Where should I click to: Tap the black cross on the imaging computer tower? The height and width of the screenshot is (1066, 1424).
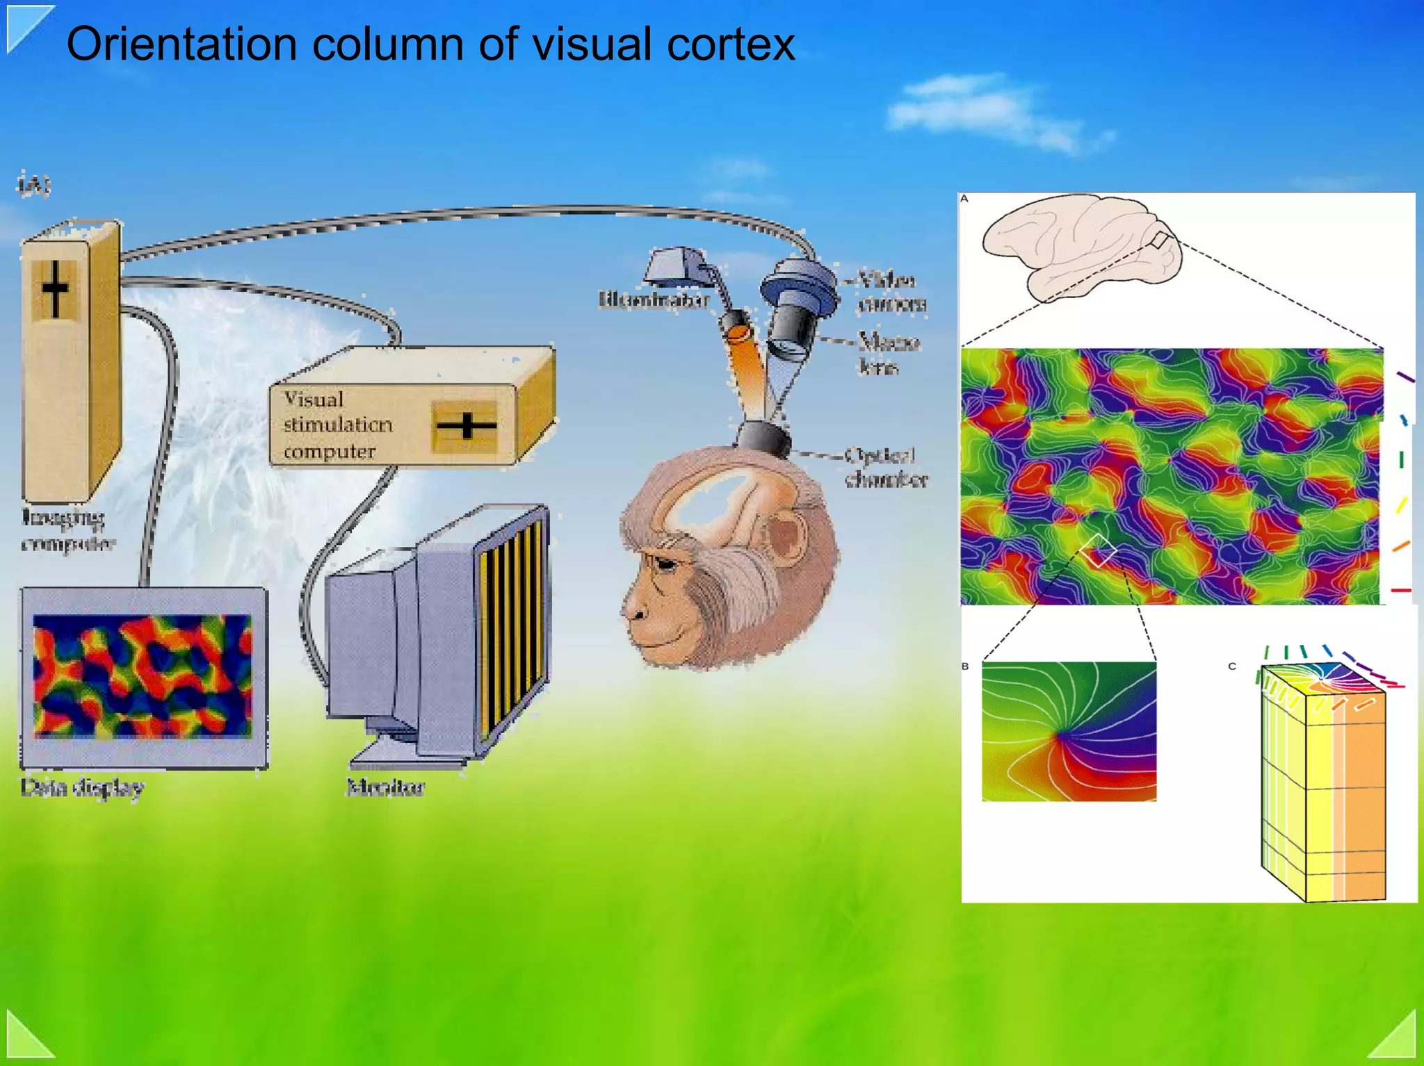tap(55, 288)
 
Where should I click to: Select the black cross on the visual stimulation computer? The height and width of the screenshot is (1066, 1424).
tap(465, 425)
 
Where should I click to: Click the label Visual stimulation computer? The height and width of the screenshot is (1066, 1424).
tap(337, 425)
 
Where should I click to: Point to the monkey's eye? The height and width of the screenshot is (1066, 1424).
tap(665, 564)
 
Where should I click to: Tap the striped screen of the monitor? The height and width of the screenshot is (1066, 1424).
tap(511, 625)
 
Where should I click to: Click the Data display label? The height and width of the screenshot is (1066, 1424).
tap(82, 787)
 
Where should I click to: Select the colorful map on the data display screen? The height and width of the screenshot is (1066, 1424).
tap(143, 675)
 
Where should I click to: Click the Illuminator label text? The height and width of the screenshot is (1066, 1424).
tap(654, 300)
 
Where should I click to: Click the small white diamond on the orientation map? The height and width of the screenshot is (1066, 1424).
tap(1098, 550)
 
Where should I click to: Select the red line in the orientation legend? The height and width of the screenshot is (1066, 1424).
tap(1400, 591)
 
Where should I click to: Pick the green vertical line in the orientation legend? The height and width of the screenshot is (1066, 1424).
tap(1401, 459)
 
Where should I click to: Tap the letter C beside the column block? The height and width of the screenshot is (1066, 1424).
tap(1231, 666)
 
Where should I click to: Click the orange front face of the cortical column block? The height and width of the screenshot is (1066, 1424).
tap(1359, 799)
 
